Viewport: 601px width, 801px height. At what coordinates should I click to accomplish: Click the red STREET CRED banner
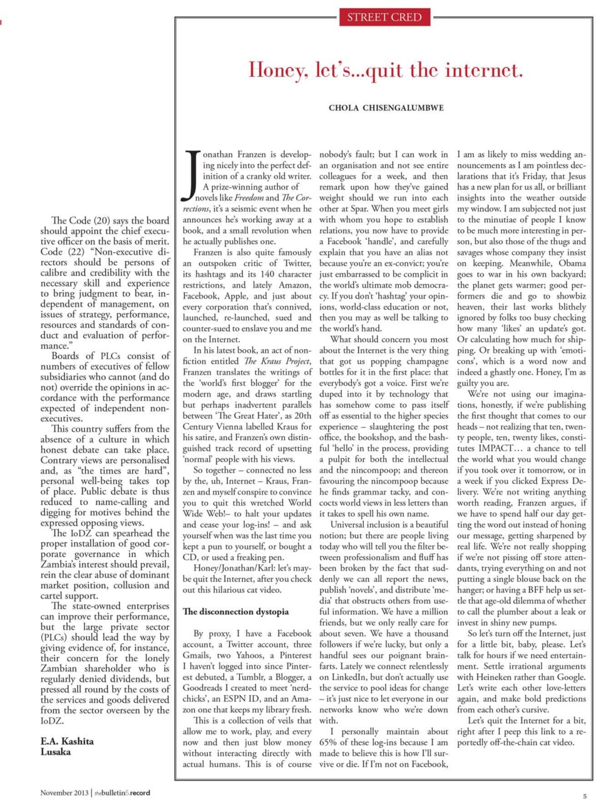click(x=384, y=17)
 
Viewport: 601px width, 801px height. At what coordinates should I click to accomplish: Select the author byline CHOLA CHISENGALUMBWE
click(x=386, y=108)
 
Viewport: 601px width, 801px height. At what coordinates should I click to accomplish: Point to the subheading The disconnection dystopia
click(x=235, y=611)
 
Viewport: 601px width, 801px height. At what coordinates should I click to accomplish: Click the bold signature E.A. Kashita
click(x=67, y=741)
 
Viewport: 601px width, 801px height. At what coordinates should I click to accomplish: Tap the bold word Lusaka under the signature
click(x=56, y=752)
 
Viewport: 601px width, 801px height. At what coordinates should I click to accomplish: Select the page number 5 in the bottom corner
click(x=585, y=796)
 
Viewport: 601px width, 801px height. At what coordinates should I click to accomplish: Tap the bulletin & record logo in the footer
click(x=122, y=793)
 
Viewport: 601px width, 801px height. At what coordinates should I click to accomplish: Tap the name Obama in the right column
click(x=572, y=263)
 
